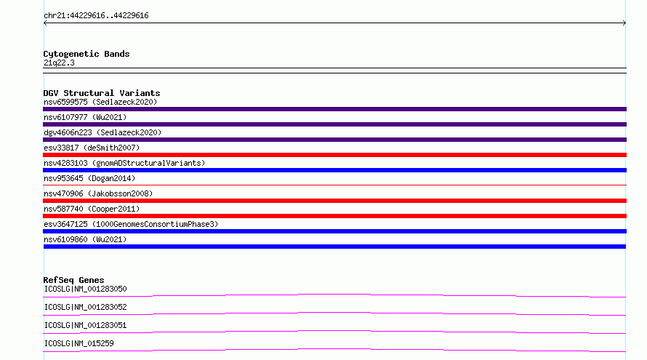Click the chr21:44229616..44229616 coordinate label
(x=96, y=16)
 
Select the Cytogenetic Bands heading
(x=87, y=54)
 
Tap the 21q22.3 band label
(x=59, y=63)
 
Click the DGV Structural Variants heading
(x=102, y=93)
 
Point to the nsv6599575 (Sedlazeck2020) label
(x=100, y=102)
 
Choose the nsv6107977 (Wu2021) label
(x=85, y=117)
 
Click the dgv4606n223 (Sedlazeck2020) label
(x=103, y=132)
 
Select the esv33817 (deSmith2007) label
(x=92, y=148)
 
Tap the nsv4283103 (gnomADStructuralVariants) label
(x=124, y=163)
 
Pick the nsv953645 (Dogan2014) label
(x=89, y=178)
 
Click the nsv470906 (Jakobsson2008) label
(x=98, y=193)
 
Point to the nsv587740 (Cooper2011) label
(x=92, y=209)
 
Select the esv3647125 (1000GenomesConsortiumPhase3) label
(x=131, y=224)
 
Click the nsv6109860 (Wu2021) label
(x=85, y=239)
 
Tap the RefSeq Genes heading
(x=73, y=280)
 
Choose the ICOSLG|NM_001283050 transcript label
(x=85, y=289)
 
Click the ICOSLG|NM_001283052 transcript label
(x=85, y=307)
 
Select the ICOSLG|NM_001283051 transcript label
(x=85, y=325)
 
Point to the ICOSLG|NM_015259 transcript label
(x=79, y=343)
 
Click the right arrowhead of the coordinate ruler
(x=624, y=23)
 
